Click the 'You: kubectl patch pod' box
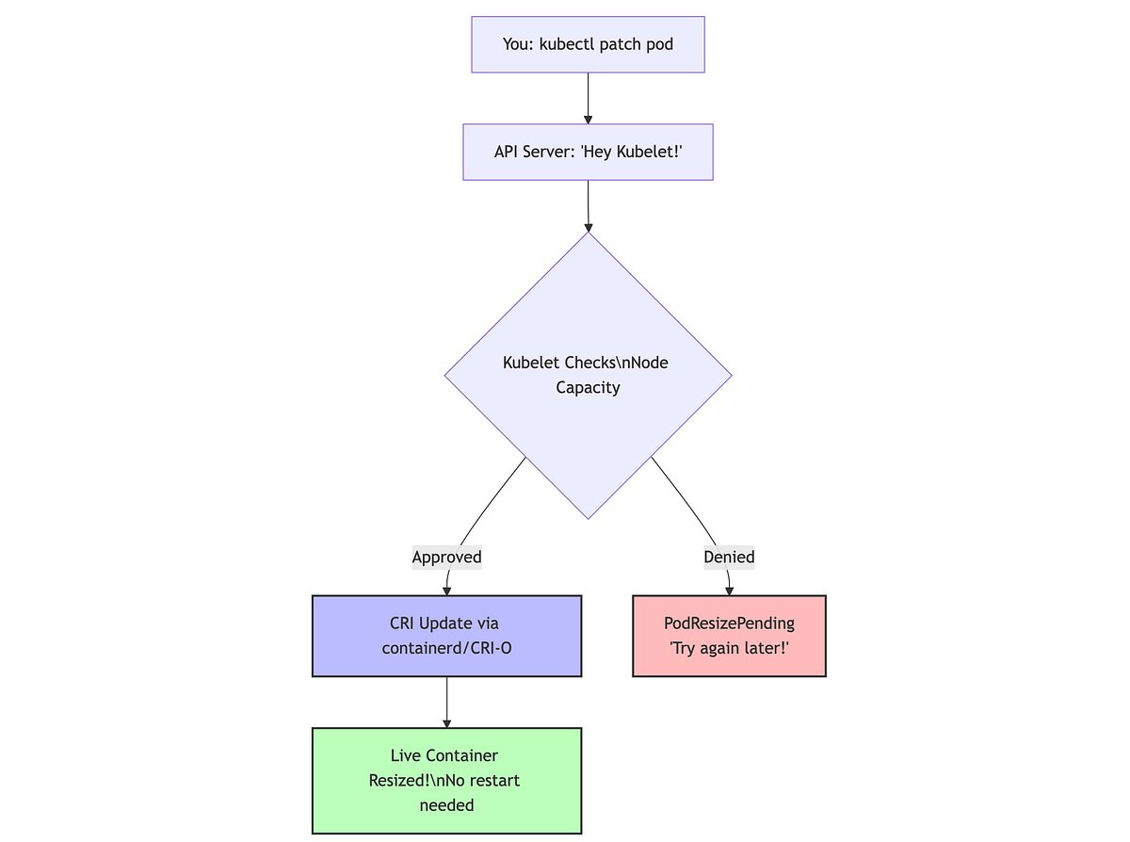click(x=588, y=44)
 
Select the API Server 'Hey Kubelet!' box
click(x=588, y=152)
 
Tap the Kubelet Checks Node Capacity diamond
click(x=588, y=375)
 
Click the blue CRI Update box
click(x=446, y=636)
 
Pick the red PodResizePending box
click(x=729, y=636)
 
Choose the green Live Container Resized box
click(x=446, y=781)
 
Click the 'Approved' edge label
click(x=446, y=557)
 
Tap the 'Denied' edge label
click(x=729, y=557)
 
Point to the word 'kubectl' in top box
click(x=570, y=44)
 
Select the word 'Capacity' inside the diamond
click(x=588, y=387)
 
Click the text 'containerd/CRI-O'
click(x=446, y=648)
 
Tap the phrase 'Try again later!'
click(x=729, y=648)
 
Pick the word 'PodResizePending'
click(x=729, y=623)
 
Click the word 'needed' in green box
click(x=446, y=805)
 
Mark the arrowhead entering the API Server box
click(x=588, y=119)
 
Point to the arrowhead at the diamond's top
click(x=588, y=226)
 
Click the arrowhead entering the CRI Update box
click(x=446, y=591)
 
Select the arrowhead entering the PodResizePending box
click(x=729, y=591)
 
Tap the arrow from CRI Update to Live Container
click(x=446, y=702)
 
